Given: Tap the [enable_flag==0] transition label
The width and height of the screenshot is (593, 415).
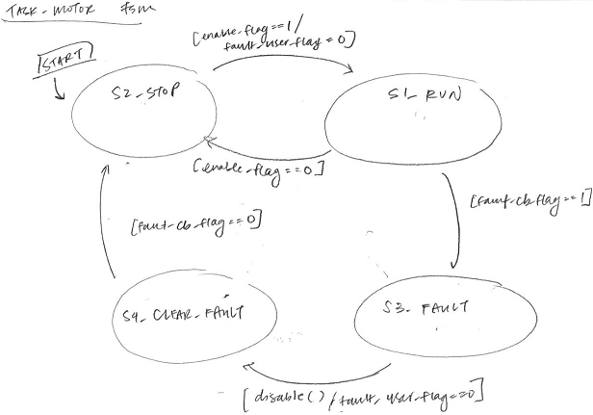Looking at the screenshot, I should pyautogui.click(x=257, y=170).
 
